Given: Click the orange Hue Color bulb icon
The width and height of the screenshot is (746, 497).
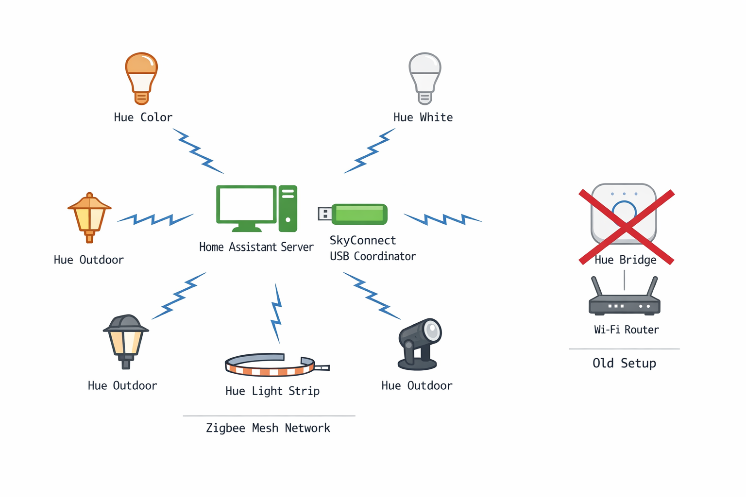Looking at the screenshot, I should pyautogui.click(x=141, y=78).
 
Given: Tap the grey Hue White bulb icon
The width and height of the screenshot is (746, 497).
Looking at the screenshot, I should pyautogui.click(x=425, y=78).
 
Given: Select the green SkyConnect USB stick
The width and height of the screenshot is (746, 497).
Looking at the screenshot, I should pyautogui.click(x=359, y=214).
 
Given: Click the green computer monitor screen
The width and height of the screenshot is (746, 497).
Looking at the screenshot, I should pyautogui.click(x=246, y=204).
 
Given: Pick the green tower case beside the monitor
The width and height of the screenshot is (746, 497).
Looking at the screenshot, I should pyautogui.click(x=288, y=208).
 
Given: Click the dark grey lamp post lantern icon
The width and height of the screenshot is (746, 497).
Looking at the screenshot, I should pyautogui.click(x=126, y=340).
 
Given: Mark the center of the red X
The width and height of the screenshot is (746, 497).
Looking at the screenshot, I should pyautogui.click(x=627, y=227).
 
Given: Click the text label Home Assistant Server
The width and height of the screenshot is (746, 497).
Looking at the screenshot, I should pyautogui.click(x=256, y=247).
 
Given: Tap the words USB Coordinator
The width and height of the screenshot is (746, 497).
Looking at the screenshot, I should pyautogui.click(x=373, y=256).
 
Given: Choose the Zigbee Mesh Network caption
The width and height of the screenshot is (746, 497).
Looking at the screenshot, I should pyautogui.click(x=268, y=428).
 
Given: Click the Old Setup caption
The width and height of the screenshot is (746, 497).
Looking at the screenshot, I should pyautogui.click(x=624, y=363).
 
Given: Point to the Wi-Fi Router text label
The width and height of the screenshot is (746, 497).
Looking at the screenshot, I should pyautogui.click(x=627, y=330).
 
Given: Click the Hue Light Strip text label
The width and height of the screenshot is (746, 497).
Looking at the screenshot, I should pyautogui.click(x=272, y=391).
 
